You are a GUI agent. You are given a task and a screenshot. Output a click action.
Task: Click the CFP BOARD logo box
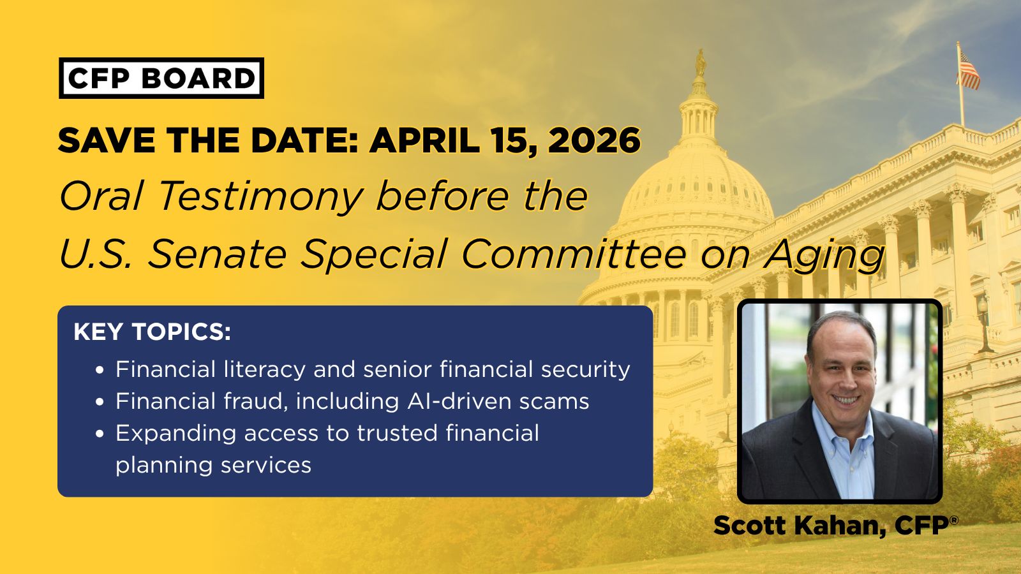click(x=161, y=78)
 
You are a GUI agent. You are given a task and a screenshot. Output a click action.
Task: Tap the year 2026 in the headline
click(x=594, y=140)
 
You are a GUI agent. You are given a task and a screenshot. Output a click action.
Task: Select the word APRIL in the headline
click(x=424, y=140)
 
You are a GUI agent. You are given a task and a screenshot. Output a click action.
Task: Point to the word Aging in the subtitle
click(x=825, y=255)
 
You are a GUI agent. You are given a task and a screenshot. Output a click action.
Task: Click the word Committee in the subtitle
click(x=574, y=254)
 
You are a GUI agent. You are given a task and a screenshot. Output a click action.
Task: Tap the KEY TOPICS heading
click(x=153, y=332)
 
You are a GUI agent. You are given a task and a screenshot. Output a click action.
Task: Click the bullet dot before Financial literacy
click(x=100, y=370)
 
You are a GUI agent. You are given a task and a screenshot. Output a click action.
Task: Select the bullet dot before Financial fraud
click(x=100, y=402)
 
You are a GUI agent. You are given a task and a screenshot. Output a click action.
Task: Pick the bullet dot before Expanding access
click(x=100, y=434)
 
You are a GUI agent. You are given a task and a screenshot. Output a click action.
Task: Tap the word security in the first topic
click(x=586, y=370)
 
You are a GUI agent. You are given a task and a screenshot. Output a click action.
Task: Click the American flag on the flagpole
click(x=968, y=71)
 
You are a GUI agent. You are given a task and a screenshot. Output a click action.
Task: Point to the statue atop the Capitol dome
click(x=701, y=63)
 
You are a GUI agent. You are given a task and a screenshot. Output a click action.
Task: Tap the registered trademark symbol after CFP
click(x=955, y=520)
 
